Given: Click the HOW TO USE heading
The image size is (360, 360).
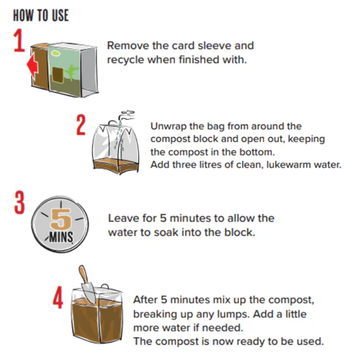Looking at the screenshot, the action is pos(41,15).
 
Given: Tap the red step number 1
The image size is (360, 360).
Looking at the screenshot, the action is pos(19,40).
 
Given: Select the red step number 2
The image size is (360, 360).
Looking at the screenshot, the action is pos(81,125).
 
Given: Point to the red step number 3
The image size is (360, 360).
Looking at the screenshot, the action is pos(19,203).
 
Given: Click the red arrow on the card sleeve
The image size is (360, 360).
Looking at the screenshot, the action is pos(32,65).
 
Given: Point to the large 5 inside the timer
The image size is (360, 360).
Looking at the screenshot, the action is pos(61,219).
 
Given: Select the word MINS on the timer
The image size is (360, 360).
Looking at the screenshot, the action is pos(61,237).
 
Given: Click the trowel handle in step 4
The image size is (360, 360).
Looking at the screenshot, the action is pos(83,274).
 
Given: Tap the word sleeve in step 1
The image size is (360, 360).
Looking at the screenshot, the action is pos(214,45).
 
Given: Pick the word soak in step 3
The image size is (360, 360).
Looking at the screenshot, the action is pos(166,232).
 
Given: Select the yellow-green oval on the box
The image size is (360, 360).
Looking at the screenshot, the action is pos(56,54).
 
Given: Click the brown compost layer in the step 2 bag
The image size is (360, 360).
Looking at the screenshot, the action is pos(116,166).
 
